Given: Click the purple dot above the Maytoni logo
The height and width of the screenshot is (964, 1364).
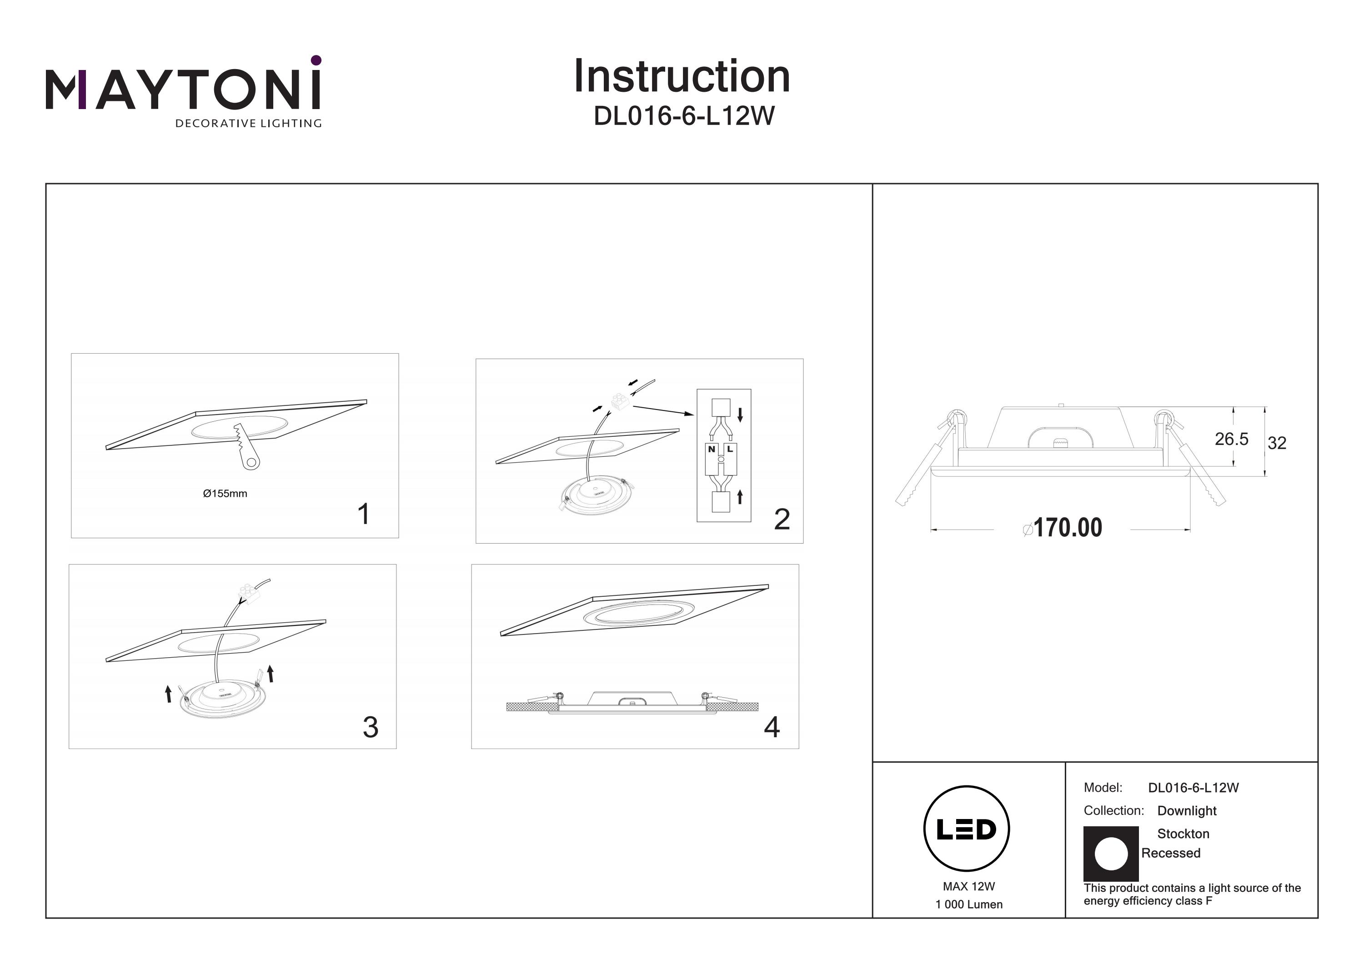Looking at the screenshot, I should pyautogui.click(x=316, y=60).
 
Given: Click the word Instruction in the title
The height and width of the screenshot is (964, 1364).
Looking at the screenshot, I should pyautogui.click(x=682, y=77).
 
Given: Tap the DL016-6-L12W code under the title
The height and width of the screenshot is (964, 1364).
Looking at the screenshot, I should pyautogui.click(x=684, y=116).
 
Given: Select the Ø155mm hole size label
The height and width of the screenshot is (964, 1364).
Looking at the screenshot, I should pyautogui.click(x=225, y=494).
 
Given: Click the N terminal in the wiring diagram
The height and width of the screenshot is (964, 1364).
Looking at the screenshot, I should pyautogui.click(x=712, y=450).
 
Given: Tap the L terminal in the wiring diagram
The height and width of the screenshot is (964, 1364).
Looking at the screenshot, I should pyautogui.click(x=730, y=450).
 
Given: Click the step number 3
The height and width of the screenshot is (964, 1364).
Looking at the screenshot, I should pyautogui.click(x=370, y=727).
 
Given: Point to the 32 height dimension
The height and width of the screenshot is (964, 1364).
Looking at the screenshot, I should pyautogui.click(x=1277, y=443).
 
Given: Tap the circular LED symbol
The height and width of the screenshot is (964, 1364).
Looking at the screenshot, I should pyautogui.click(x=966, y=829).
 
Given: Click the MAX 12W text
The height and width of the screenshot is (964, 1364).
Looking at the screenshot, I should pyautogui.click(x=968, y=886).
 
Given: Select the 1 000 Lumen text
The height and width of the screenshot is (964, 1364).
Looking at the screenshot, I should pyautogui.click(x=968, y=904).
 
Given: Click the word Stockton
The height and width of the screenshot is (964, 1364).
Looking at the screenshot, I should pyautogui.click(x=1182, y=834).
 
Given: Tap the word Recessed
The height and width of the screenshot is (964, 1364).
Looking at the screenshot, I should pyautogui.click(x=1170, y=853).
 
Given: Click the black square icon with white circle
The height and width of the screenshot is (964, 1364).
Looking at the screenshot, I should pyautogui.click(x=1110, y=854).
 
